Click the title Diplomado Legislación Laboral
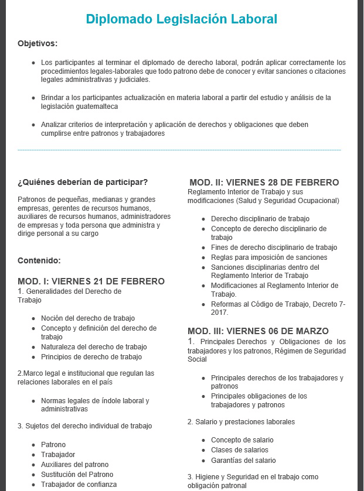click(181, 19)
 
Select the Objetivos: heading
click(38, 44)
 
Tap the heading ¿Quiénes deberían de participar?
click(83, 181)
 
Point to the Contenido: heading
click(39, 260)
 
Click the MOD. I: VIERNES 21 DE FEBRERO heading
click(91, 281)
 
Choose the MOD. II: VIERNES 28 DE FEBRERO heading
click(264, 182)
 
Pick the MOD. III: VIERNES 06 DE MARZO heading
click(258, 331)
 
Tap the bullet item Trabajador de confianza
click(79, 484)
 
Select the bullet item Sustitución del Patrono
click(77, 474)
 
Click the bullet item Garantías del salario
click(243, 460)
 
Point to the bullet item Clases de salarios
click(240, 450)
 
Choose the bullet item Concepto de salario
click(242, 440)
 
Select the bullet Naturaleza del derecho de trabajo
click(94, 347)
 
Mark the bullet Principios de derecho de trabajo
click(91, 357)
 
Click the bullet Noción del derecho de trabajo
click(88, 318)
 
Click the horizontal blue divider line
click(179, 150)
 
